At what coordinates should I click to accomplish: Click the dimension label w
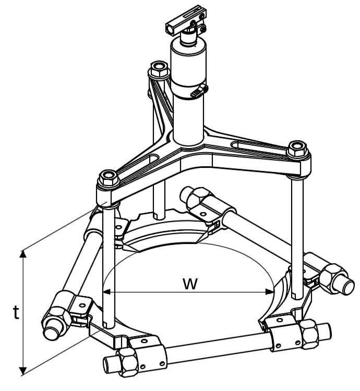190,283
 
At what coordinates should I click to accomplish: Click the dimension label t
16,313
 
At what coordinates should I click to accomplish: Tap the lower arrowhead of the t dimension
22,371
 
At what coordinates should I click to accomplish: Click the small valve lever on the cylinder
199,92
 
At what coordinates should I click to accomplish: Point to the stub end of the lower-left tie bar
51,331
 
